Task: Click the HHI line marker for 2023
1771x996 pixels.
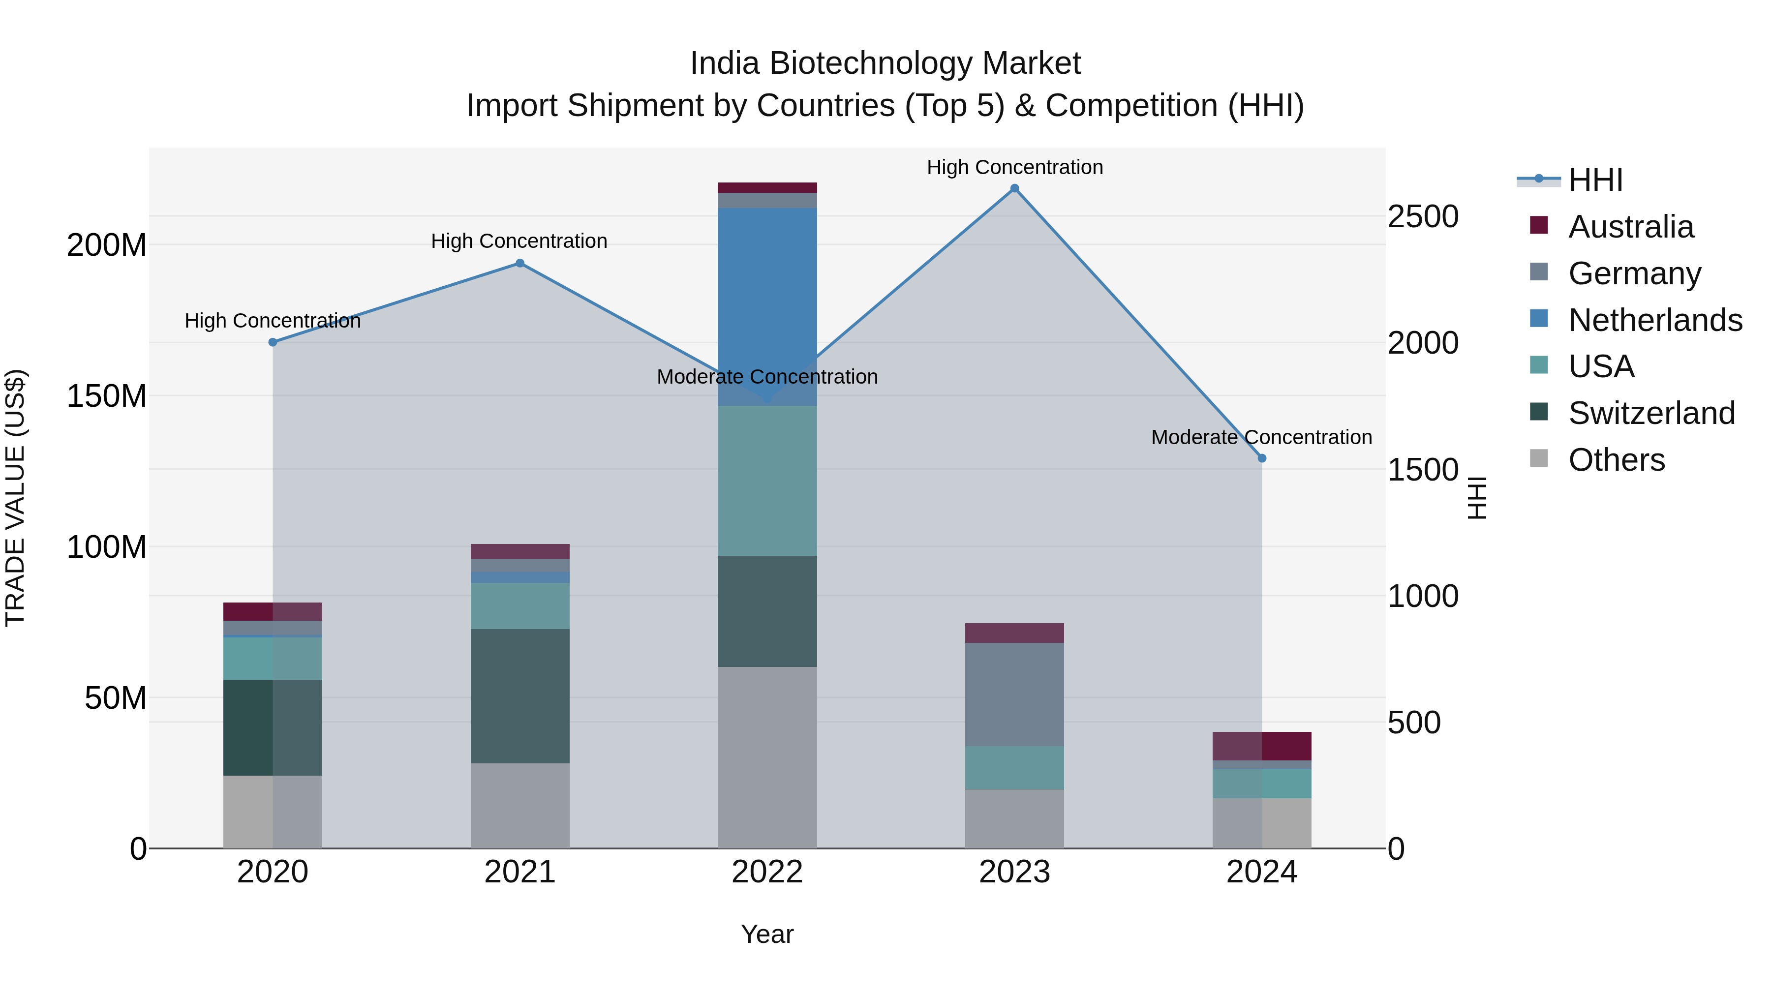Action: pyautogui.click(x=1014, y=188)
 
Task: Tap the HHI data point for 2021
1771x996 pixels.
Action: pyautogui.click(x=520, y=263)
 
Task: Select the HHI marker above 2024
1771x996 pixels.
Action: pyautogui.click(x=1261, y=458)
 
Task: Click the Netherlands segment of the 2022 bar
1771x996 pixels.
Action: pyautogui.click(x=767, y=306)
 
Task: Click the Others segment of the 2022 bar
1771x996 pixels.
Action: pyautogui.click(x=767, y=757)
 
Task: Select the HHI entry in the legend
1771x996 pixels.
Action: pyautogui.click(x=1595, y=180)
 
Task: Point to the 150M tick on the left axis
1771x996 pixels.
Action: pyautogui.click(x=107, y=396)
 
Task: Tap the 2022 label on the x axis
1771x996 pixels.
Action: pyautogui.click(x=767, y=872)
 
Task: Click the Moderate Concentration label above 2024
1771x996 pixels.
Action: pyautogui.click(x=1261, y=437)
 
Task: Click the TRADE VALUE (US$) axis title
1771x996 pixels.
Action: pyautogui.click(x=15, y=498)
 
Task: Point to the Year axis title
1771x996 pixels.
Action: pyautogui.click(x=767, y=934)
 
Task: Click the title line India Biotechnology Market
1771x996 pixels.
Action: pyautogui.click(x=885, y=63)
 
